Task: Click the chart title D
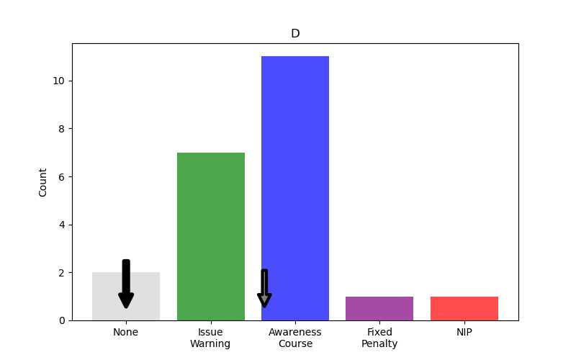click(295, 34)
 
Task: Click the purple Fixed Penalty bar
click(379, 308)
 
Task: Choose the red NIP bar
click(464, 308)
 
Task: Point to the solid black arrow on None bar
click(126, 284)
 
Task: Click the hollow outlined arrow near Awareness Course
click(264, 289)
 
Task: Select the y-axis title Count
click(43, 182)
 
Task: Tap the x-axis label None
click(126, 332)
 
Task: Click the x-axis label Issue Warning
click(211, 338)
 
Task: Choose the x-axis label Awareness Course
click(295, 338)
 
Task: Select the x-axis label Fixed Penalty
click(379, 338)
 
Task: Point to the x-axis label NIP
click(464, 332)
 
